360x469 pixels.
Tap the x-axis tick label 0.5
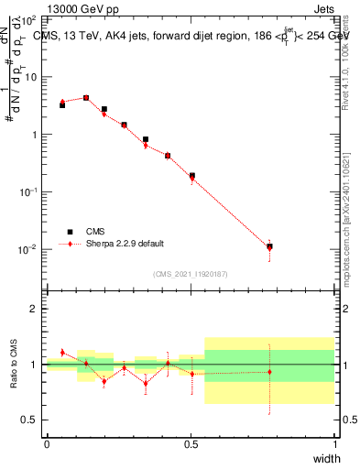pyautogui.click(x=191, y=444)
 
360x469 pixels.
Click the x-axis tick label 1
pyautogui.click(x=334, y=444)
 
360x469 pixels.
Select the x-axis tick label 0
pyautogui.click(x=47, y=444)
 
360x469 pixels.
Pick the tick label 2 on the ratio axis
pyautogui.click(x=34, y=309)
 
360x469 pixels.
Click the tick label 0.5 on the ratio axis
pyautogui.click(x=30, y=420)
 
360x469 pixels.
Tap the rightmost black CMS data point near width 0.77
pyautogui.click(x=269, y=246)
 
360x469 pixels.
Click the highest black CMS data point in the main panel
pyautogui.click(x=86, y=98)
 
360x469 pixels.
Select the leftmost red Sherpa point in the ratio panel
pyautogui.click(x=62, y=353)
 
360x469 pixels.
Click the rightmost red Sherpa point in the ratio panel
pyautogui.click(x=269, y=372)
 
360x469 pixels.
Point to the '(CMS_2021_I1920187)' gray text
pyautogui.click(x=191, y=272)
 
